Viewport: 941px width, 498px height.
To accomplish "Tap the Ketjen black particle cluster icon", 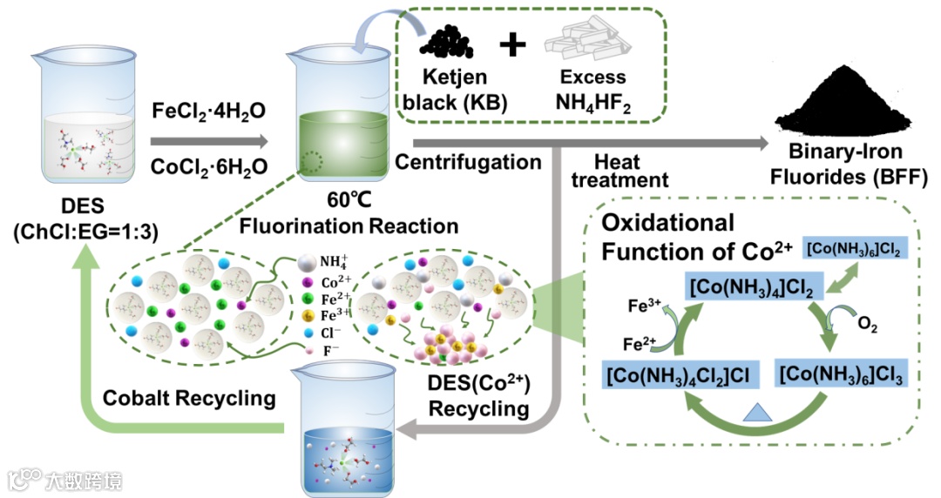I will coord(450,42).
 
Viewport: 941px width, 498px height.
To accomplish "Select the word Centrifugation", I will coord(468,161).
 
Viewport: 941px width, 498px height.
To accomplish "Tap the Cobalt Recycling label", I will coord(189,398).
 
